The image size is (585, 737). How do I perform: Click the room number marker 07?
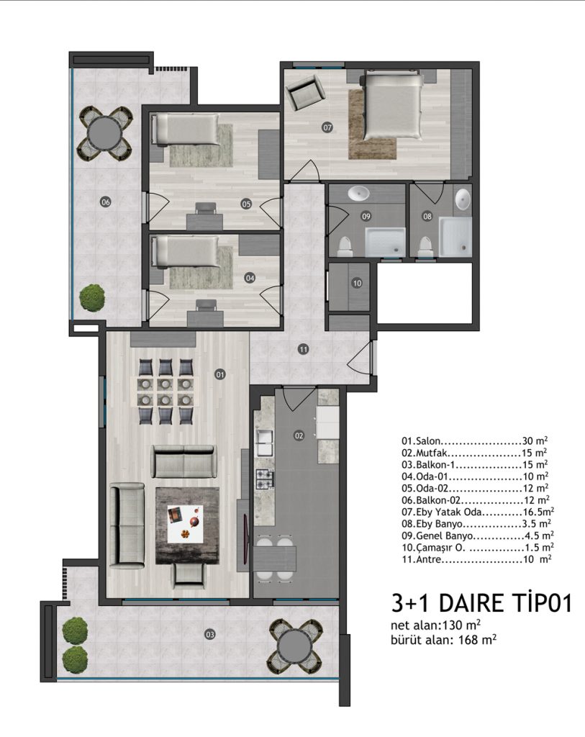click(x=327, y=127)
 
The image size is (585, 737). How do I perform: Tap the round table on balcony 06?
click(x=105, y=133)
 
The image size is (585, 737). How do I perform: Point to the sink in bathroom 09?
click(x=360, y=193)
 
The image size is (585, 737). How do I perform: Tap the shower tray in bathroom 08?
click(x=455, y=237)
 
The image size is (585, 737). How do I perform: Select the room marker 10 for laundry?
click(x=357, y=283)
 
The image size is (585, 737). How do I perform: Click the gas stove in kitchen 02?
click(x=263, y=479)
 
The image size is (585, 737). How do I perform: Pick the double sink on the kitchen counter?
click(x=263, y=443)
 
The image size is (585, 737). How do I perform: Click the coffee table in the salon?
click(x=187, y=525)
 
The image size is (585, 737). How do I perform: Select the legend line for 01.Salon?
click(x=474, y=441)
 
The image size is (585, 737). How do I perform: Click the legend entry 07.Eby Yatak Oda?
click(x=477, y=512)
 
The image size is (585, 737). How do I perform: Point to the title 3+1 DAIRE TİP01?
click(x=481, y=603)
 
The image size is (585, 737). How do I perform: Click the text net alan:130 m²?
click(x=435, y=625)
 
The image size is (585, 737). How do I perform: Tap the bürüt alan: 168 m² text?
click(x=443, y=640)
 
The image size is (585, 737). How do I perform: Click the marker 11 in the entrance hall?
click(x=303, y=349)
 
